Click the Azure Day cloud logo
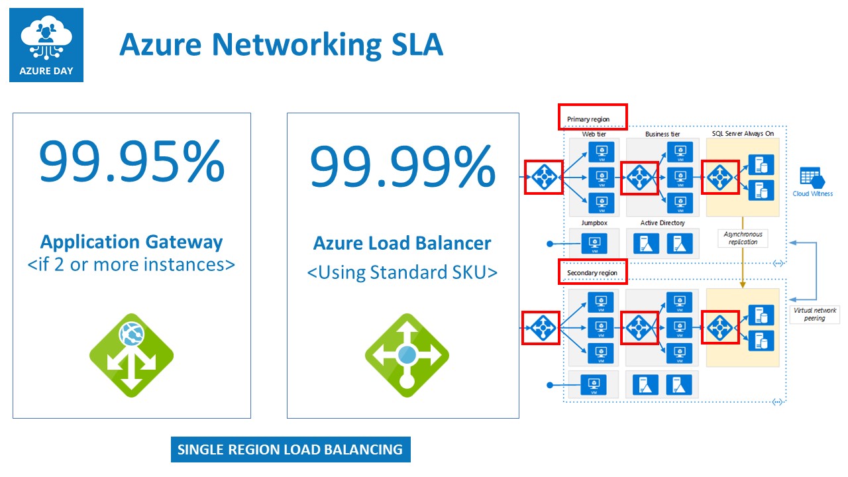[x=46, y=45]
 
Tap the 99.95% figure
[x=131, y=163]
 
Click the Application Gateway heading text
[x=132, y=242]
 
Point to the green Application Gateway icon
[x=131, y=355]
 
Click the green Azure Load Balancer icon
[x=407, y=355]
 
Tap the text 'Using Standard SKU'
[x=402, y=272]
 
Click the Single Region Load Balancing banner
[x=290, y=449]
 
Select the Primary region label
[x=588, y=119]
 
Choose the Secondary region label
[x=592, y=273]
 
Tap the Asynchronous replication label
[x=742, y=238]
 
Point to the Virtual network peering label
[x=814, y=314]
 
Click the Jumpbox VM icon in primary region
[x=594, y=242]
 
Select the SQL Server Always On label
[x=741, y=134]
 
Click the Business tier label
[x=662, y=134]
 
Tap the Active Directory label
[x=662, y=223]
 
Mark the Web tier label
[x=594, y=134]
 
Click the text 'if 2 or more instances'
[x=131, y=264]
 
